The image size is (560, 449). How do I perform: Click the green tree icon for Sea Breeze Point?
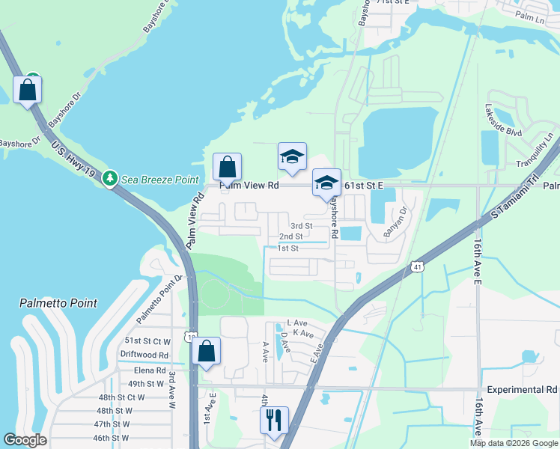click(110, 179)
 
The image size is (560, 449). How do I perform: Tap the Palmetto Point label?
click(58, 303)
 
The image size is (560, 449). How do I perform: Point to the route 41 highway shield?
click(416, 266)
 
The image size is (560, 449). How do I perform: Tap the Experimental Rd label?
click(522, 390)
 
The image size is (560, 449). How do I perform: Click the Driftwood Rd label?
click(144, 355)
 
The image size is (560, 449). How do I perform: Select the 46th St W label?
click(113, 438)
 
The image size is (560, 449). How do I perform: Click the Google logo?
click(25, 439)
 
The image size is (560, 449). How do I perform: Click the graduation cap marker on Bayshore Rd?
click(326, 183)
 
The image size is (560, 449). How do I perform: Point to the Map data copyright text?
click(514, 443)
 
